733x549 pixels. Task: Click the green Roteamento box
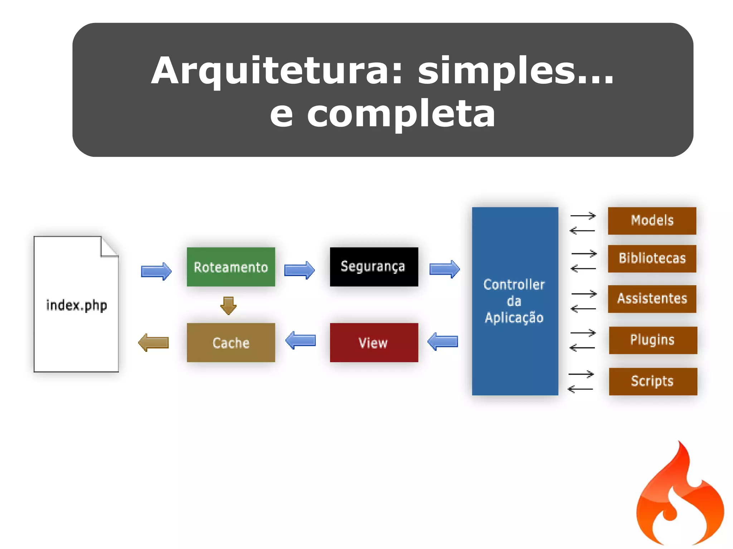click(231, 267)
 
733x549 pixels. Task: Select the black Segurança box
click(374, 267)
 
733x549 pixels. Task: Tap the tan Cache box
click(231, 343)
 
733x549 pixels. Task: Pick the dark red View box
click(374, 343)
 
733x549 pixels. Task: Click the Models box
click(652, 221)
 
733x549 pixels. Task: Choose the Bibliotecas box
click(652, 259)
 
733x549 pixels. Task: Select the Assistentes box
click(652, 299)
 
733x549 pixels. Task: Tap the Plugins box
click(653, 340)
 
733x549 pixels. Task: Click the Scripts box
click(653, 381)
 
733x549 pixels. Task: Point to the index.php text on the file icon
click(76, 305)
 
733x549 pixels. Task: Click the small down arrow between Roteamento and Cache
click(228, 305)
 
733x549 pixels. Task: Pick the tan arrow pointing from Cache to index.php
click(154, 343)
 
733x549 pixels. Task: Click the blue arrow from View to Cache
click(301, 340)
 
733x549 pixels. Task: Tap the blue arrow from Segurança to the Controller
click(445, 269)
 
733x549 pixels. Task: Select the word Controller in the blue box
click(514, 285)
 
